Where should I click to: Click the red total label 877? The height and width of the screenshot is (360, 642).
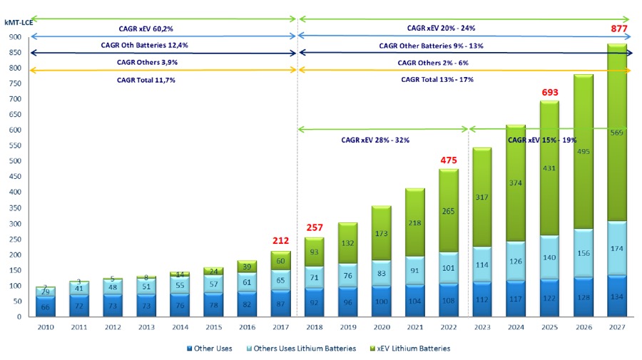coord(617,29)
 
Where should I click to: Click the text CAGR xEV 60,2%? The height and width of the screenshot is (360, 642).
coord(146,29)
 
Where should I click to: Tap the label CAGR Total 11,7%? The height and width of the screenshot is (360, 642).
coord(146,80)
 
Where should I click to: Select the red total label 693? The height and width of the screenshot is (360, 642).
coord(549,94)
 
